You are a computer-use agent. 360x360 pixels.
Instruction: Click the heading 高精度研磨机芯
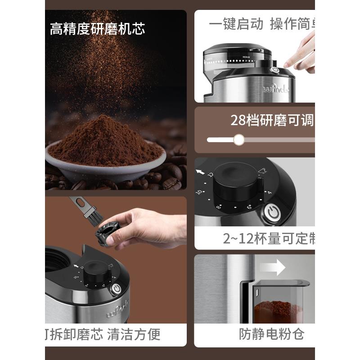(x=97, y=30)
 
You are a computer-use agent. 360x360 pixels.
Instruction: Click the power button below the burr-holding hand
(x=117, y=289)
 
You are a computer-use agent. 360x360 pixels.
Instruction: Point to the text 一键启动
(x=237, y=24)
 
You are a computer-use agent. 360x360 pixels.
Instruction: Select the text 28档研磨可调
(x=272, y=120)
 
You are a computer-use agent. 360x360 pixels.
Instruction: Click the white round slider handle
(x=239, y=140)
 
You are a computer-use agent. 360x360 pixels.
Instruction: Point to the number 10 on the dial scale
(x=200, y=192)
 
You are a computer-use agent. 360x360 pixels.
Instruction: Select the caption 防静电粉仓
(x=271, y=334)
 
